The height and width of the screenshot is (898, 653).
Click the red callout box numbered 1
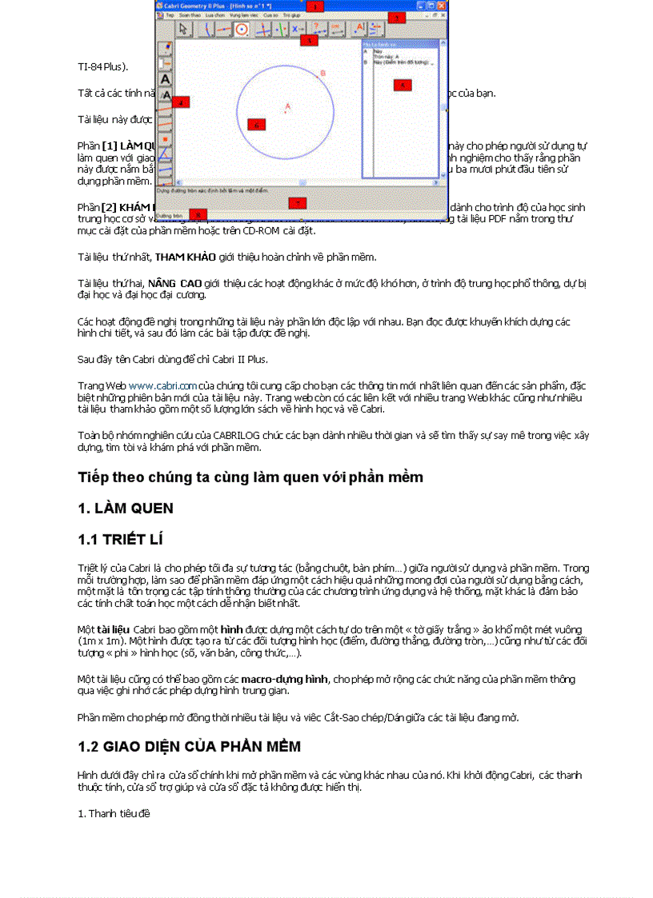(x=314, y=6)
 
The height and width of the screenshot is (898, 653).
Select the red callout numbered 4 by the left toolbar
(x=181, y=102)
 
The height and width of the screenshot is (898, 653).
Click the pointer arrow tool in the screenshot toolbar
(x=183, y=29)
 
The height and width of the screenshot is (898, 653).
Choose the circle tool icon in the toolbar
(x=240, y=29)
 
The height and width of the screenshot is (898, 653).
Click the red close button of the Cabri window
(x=441, y=6)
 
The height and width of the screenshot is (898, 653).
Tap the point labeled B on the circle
(x=322, y=74)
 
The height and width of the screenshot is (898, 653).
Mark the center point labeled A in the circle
(x=287, y=107)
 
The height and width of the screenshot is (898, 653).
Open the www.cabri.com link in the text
(x=162, y=385)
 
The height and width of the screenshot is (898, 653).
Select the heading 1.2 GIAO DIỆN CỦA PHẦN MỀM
(x=189, y=746)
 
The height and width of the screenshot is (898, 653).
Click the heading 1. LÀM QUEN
(x=125, y=509)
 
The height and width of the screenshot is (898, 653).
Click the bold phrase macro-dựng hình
(x=295, y=679)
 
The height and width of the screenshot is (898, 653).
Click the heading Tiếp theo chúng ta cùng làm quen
(x=250, y=477)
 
